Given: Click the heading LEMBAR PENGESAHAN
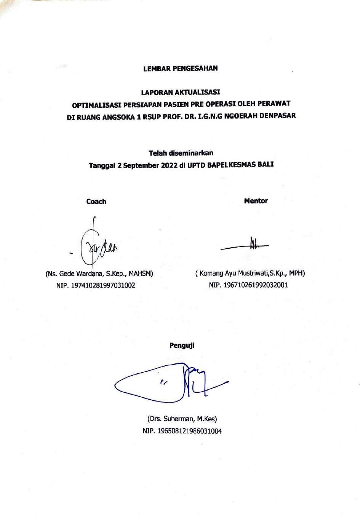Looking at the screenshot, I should (180, 69).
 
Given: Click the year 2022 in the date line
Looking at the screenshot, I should (167, 165).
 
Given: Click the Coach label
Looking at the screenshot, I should (96, 202).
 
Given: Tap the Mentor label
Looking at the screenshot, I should (256, 201).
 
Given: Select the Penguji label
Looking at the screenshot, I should (182, 346).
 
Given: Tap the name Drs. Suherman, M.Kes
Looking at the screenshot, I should (182, 419).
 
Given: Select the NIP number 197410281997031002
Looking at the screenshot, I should (103, 285).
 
